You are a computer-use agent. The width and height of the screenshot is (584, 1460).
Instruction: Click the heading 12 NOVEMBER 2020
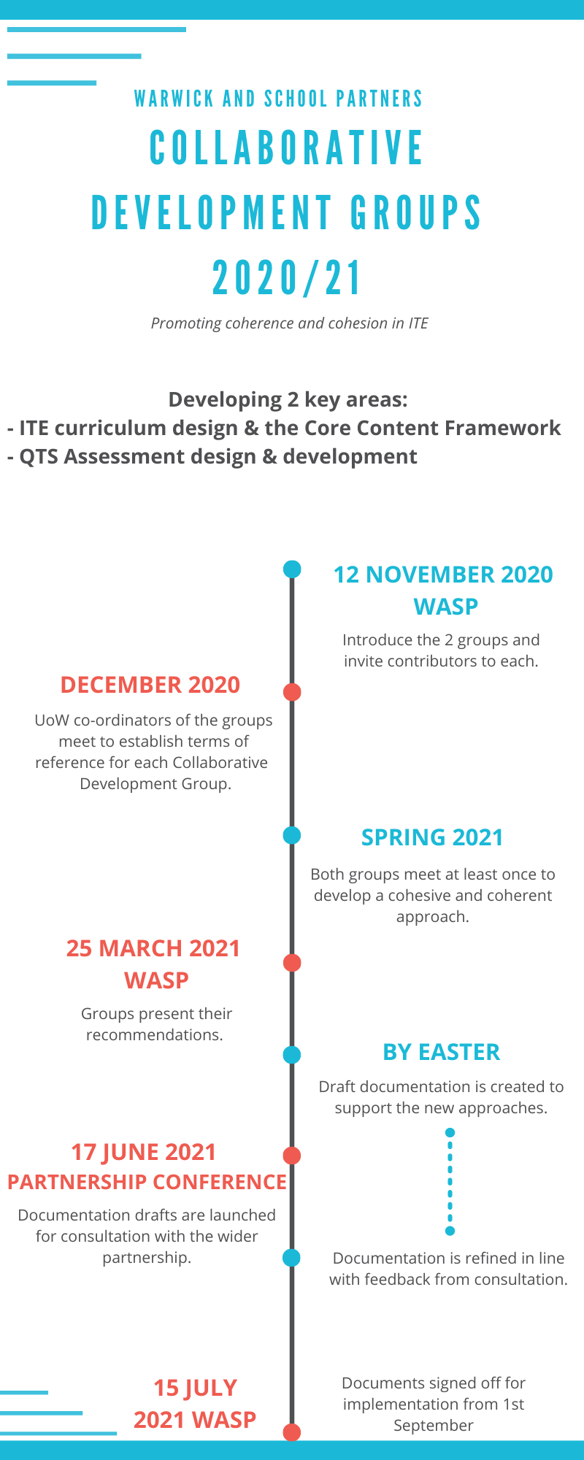click(x=443, y=575)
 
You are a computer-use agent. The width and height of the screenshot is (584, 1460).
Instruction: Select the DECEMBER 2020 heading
click(x=150, y=685)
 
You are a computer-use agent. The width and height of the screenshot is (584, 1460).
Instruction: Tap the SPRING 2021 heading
click(x=432, y=837)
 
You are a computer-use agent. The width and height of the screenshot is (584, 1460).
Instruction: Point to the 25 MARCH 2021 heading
click(x=153, y=948)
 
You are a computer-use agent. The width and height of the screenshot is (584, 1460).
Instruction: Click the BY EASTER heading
click(x=442, y=1052)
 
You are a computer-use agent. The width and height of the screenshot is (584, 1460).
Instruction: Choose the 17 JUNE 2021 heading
click(x=144, y=1152)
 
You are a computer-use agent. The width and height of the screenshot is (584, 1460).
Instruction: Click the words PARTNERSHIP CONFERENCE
click(x=147, y=1182)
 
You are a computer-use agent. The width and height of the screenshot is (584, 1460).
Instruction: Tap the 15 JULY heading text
click(x=195, y=1388)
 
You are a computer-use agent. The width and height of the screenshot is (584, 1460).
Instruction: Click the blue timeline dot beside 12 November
click(x=292, y=569)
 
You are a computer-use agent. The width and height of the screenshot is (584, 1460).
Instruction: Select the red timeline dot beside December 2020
click(x=292, y=692)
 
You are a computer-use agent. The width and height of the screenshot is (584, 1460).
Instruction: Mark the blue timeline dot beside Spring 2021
click(x=292, y=835)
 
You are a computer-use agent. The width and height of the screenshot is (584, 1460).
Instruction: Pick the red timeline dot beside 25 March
click(x=292, y=963)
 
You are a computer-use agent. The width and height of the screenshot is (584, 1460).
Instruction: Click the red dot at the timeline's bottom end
click(x=292, y=1432)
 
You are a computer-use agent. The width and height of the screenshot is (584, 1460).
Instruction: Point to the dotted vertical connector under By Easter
click(x=450, y=1182)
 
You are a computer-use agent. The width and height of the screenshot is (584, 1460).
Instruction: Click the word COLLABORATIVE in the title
click(x=286, y=147)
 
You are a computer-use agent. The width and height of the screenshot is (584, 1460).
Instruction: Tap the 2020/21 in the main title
click(x=287, y=278)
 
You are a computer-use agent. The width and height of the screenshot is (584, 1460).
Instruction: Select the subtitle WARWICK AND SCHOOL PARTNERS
click(x=279, y=99)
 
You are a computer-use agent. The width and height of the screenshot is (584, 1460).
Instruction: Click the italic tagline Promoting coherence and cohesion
click(x=290, y=323)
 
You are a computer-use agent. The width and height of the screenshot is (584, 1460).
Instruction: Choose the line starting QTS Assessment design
click(x=212, y=456)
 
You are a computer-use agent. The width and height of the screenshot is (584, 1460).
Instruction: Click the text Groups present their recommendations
click(x=155, y=1024)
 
